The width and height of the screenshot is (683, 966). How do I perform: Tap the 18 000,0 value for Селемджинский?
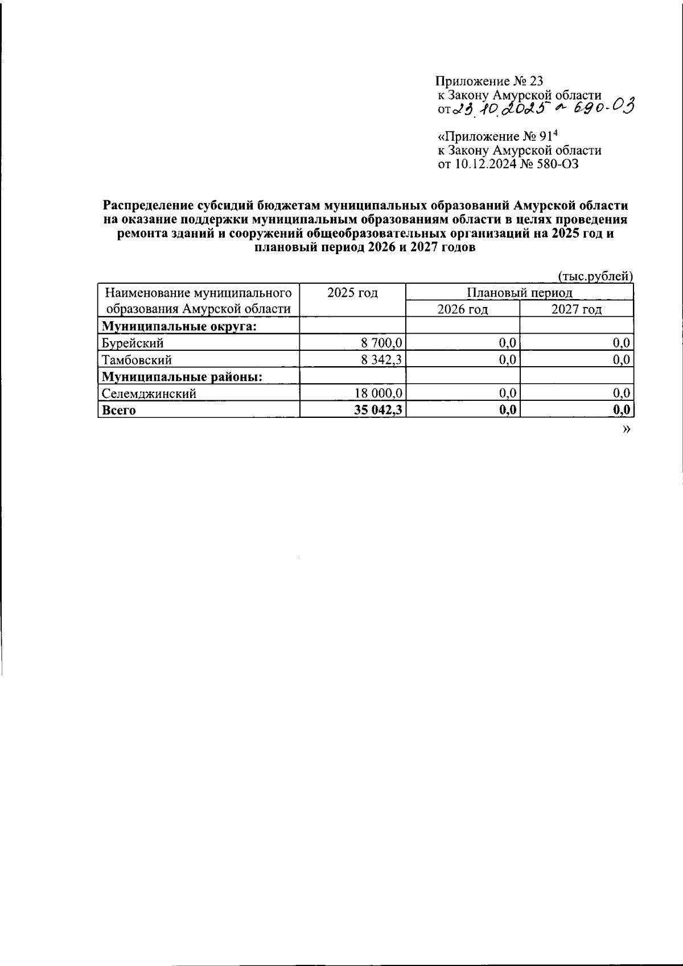coord(379,393)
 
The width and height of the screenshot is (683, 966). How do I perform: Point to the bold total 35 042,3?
coord(378,410)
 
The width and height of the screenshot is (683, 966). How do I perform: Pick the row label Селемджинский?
coord(149,393)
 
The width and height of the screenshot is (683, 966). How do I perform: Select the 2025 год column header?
coord(352,293)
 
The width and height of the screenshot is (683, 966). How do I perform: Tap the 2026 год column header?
coord(462,309)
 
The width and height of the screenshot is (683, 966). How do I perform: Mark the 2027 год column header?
coord(576,309)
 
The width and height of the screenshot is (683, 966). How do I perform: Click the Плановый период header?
coord(519,293)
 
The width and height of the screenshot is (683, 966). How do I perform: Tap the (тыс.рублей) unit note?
coord(594,277)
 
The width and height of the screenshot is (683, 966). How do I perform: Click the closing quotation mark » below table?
coord(627,429)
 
